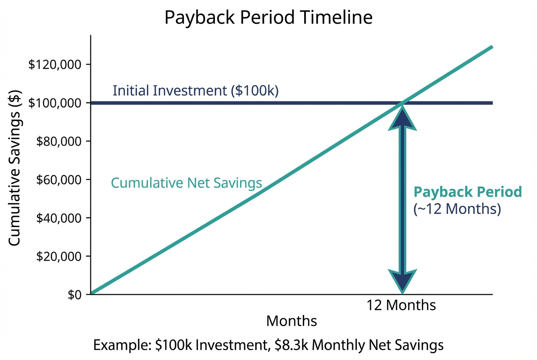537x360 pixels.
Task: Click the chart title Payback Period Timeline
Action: [x=268, y=18]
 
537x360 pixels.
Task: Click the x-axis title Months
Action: [x=291, y=321]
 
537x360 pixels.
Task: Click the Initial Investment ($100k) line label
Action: [x=195, y=91]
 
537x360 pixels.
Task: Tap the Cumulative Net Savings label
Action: [x=186, y=183]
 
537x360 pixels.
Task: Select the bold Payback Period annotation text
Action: [x=468, y=192]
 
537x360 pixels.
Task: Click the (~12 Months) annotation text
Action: [x=457, y=209]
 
